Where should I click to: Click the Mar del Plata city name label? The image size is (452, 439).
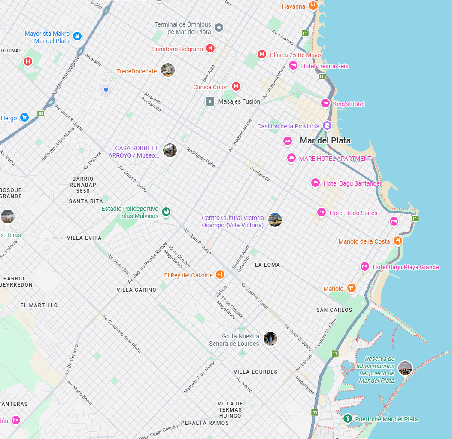(325, 140)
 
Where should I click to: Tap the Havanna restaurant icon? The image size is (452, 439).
(314, 6)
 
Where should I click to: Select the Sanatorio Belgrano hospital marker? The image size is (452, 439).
(210, 48)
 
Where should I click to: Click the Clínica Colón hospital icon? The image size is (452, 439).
(236, 87)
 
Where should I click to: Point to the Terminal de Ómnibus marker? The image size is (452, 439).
(219, 28)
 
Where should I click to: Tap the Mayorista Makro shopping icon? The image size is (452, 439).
(77, 36)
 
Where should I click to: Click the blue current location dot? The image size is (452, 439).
(106, 89)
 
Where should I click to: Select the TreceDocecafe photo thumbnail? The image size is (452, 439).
(168, 70)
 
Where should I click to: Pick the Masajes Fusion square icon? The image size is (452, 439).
(210, 101)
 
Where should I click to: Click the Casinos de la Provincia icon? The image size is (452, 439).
(327, 126)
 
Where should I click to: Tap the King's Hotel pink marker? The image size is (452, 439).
(325, 104)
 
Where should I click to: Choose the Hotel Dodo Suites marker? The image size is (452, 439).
(322, 212)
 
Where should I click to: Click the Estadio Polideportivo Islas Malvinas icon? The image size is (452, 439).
(167, 211)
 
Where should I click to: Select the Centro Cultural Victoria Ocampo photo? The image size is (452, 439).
(275, 220)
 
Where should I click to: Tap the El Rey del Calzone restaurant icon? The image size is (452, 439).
(220, 274)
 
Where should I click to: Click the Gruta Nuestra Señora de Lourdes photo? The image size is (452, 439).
(270, 339)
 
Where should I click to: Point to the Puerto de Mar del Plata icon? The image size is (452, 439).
(348, 418)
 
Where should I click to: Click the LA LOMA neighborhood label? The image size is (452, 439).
(267, 265)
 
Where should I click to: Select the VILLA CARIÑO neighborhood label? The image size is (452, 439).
(137, 290)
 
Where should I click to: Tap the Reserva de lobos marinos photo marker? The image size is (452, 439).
(405, 368)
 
